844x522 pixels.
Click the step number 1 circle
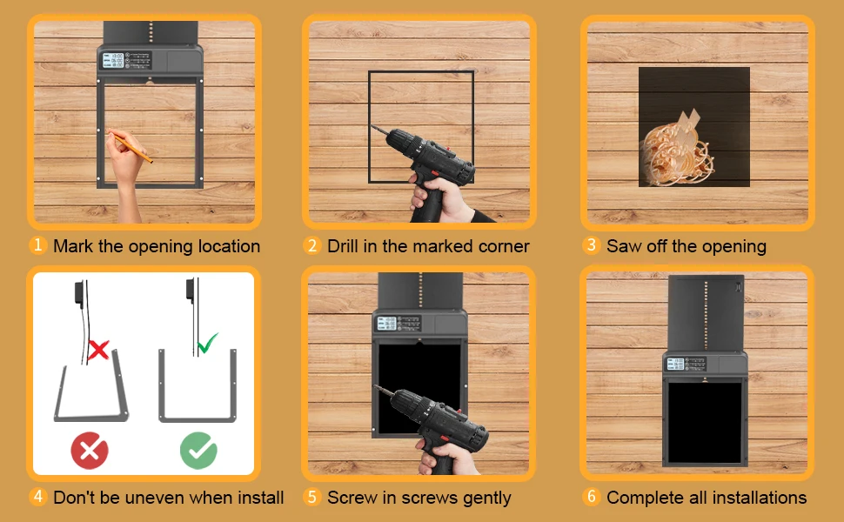(37, 244)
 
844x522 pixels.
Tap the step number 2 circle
(312, 245)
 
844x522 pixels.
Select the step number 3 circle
(591, 244)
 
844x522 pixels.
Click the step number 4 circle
(37, 496)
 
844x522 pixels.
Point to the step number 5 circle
(312, 497)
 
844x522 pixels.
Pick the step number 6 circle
(591, 496)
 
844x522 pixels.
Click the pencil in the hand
(131, 146)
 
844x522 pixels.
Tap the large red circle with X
(90, 451)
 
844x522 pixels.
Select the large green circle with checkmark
(198, 451)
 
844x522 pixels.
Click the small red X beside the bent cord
(98, 350)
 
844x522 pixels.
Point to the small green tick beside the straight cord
(207, 343)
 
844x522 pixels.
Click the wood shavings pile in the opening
(677, 153)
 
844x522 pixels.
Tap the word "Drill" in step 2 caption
(343, 246)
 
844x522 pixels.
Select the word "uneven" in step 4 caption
(154, 498)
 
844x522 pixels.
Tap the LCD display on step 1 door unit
(113, 60)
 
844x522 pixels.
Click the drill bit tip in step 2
(371, 126)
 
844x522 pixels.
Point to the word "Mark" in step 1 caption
(73, 246)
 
